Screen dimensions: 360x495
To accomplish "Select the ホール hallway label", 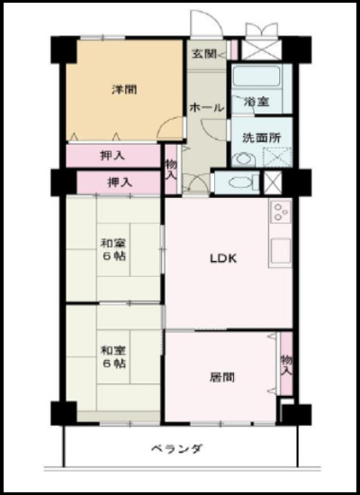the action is pos(206,108).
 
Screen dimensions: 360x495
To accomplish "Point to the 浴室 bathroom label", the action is pos(256,102).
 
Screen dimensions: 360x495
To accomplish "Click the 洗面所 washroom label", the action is pos(262,138).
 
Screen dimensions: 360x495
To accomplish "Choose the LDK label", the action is pos(223,259).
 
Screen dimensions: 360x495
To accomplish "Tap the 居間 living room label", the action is pos(222,377).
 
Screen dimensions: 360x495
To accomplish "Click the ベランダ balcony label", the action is pos(176,448).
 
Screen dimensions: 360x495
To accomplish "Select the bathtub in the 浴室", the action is pos(256,76).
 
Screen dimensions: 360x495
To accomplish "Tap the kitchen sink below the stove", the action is pos(281,251).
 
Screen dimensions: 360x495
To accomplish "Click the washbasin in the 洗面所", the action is pos(243,158).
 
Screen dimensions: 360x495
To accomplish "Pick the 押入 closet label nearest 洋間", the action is pos(112,156).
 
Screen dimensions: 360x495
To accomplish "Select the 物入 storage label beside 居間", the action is pos(286,364).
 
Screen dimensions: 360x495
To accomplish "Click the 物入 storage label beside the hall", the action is pos(171,170).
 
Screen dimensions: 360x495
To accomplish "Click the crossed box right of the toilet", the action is pos(273,183).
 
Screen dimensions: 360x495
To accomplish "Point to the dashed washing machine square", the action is pos(277,157).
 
